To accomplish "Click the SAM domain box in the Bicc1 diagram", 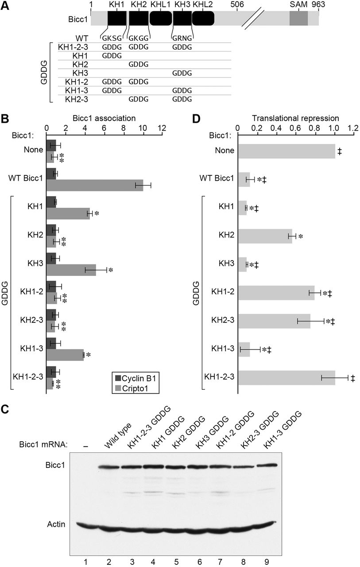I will [x=298, y=19].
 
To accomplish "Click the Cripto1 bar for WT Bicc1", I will [x=95, y=185].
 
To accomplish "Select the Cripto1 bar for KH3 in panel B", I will [x=71, y=270].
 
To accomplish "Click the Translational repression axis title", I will [x=295, y=119].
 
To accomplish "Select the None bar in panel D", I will [x=286, y=151].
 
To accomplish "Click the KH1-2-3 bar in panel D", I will [x=286, y=378].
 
